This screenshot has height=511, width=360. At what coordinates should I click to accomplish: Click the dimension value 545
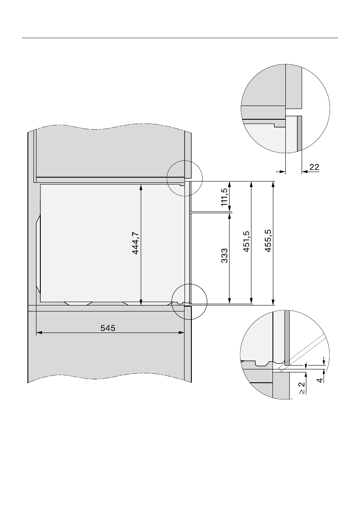point(108,328)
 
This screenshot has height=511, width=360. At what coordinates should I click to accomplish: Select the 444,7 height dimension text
point(136,243)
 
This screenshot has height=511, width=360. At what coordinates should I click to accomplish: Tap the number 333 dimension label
point(224,256)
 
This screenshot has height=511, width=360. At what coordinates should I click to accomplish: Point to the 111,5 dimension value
point(224,197)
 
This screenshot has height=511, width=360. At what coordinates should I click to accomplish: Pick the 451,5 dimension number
point(246,241)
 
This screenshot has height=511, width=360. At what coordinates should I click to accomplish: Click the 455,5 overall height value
point(268,241)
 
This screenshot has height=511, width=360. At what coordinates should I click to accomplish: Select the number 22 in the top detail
point(314,167)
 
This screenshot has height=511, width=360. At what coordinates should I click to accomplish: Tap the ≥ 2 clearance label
point(302,388)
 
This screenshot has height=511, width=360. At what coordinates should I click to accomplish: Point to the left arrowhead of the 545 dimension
point(39,333)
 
